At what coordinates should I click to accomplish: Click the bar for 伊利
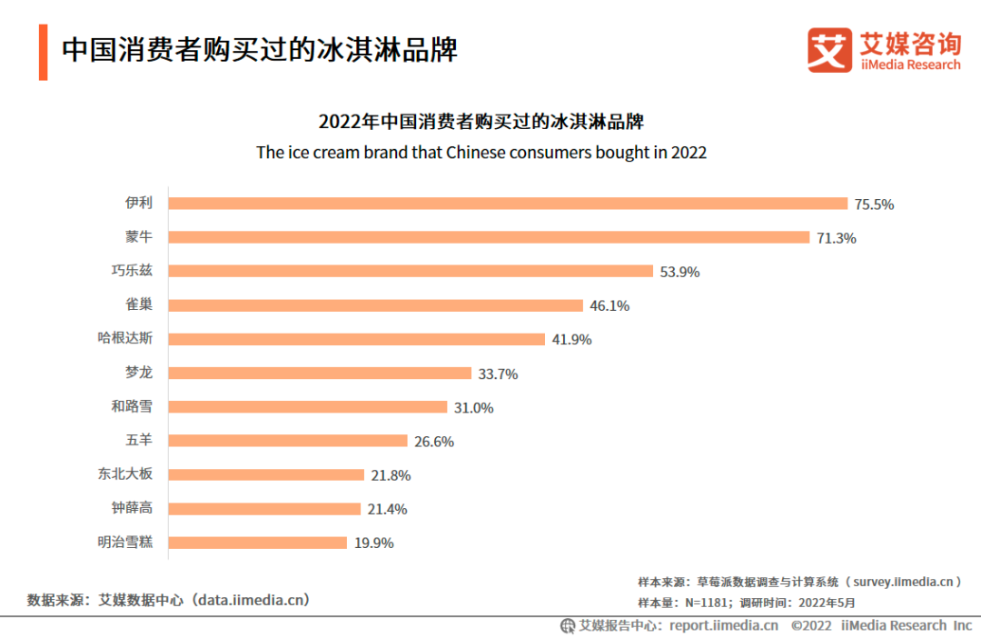coord(508,204)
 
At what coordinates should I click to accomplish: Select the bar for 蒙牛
coord(489,237)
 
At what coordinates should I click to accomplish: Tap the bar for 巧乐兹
coord(411,271)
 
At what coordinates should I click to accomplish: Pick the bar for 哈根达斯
coord(356,339)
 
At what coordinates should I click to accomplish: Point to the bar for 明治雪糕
coord(258,543)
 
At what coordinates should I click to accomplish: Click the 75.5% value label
coord(874,204)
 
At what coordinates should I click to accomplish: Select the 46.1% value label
coord(609,306)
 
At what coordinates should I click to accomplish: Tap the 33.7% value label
coord(499,374)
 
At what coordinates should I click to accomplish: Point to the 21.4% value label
coord(388,509)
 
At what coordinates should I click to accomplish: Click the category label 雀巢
coord(139,305)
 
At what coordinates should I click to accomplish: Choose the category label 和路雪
coord(132,406)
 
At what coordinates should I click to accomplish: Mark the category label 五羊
coord(139,441)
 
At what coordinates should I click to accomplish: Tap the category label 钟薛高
coord(132,508)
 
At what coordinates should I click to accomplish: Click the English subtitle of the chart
coord(481,153)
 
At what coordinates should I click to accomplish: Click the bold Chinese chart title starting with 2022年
coord(481,122)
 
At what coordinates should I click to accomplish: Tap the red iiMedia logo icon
coord(829,50)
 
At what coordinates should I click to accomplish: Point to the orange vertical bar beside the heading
coord(43,52)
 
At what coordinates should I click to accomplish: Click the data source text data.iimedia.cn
coord(253,600)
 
